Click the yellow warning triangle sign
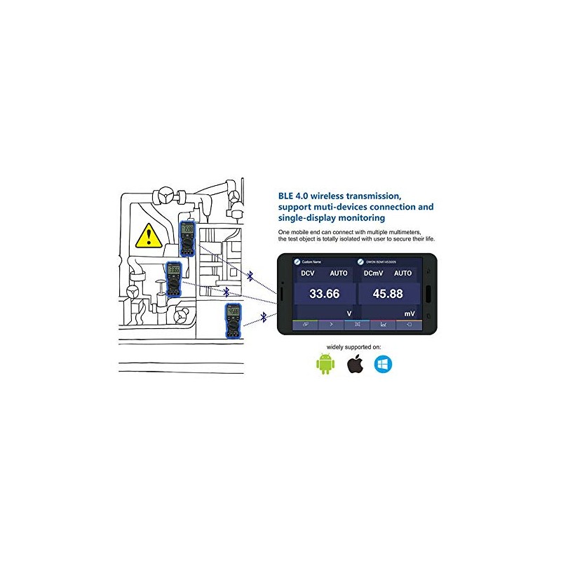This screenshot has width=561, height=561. click(x=148, y=236)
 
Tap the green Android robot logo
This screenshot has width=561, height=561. click(x=323, y=364)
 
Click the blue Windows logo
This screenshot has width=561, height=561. click(x=384, y=364)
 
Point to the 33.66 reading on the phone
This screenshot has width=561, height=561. click(x=324, y=294)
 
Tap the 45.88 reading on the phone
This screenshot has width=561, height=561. click(x=388, y=294)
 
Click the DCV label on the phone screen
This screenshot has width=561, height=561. click(x=309, y=273)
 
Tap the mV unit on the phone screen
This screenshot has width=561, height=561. click(x=409, y=313)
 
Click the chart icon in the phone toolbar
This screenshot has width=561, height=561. click(x=384, y=325)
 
